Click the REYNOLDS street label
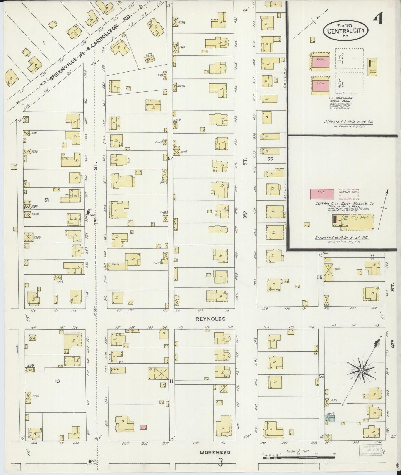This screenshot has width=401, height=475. coord(210,319)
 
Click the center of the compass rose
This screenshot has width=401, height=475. coord(362,371)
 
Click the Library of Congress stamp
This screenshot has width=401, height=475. coord(370,450)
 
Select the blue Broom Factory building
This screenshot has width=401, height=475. coord(330,419)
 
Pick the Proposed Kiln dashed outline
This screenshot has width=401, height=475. coord(349,194)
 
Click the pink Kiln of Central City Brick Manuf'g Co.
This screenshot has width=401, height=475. coord(322,194)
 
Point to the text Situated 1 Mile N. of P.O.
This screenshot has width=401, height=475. coord(349,122)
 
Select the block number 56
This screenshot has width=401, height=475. coord(322,376)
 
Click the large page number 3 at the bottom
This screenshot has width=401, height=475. coord(220,463)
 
